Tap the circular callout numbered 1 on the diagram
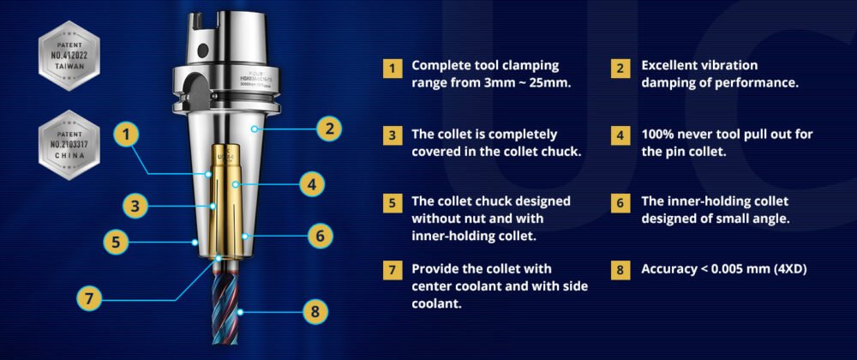pyautogui.click(x=127, y=134)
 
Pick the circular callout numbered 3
pyautogui.click(x=136, y=206)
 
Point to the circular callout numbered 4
pyautogui.click(x=313, y=183)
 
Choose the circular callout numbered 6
pyautogui.click(x=318, y=234)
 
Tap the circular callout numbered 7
pyautogui.click(x=89, y=299)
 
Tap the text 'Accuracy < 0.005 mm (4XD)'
pyautogui.click(x=724, y=269)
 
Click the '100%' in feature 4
pyautogui.click(x=659, y=135)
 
